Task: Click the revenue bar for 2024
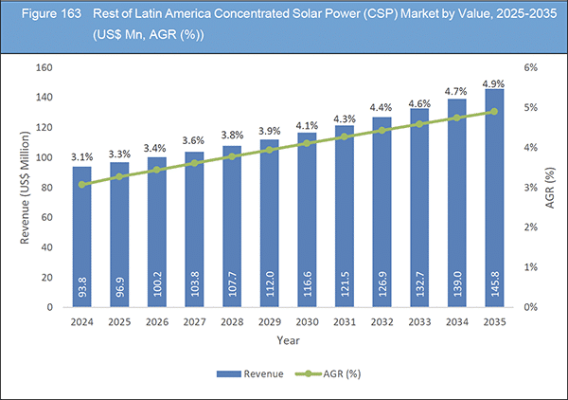pos(83,237)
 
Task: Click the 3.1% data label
pos(83,142)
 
